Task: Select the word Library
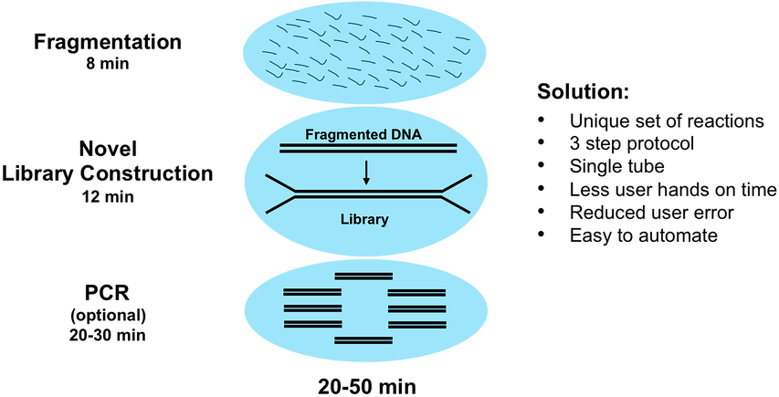pyautogui.click(x=364, y=219)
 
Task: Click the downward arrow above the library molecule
pyautogui.click(x=366, y=172)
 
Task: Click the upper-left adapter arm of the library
pyautogui.click(x=278, y=183)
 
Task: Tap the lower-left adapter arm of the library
pyautogui.click(x=278, y=204)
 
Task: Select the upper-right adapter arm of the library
pyautogui.click(x=456, y=183)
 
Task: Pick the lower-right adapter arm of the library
pyautogui.click(x=456, y=204)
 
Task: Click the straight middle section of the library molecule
pyautogui.click(x=366, y=193)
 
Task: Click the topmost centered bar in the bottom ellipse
pyautogui.click(x=363, y=275)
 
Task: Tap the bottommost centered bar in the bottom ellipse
pyautogui.click(x=363, y=340)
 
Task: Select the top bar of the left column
pyautogui.click(x=312, y=292)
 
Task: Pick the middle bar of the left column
pyautogui.click(x=312, y=308)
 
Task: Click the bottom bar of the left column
pyautogui.click(x=312, y=324)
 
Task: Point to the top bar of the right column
pyautogui.click(x=416, y=292)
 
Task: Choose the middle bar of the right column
pyautogui.click(x=416, y=308)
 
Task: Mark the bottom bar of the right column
pyautogui.click(x=416, y=324)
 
